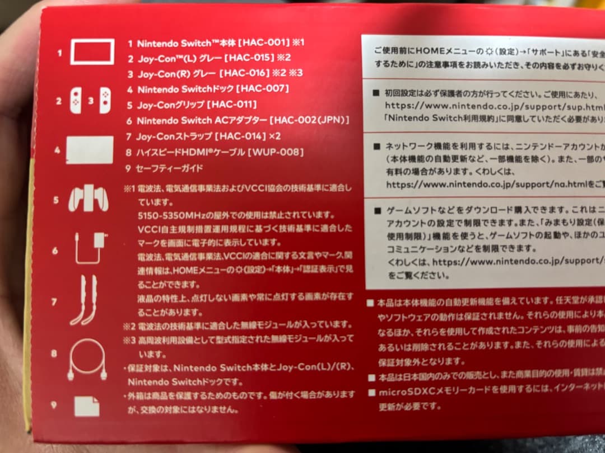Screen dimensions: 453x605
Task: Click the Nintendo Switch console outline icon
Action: pyautogui.click(x=92, y=51)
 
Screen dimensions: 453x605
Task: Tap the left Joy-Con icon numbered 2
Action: pyautogui.click(x=76, y=101)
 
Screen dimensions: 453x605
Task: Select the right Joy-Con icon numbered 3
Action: pyautogui.click(x=105, y=101)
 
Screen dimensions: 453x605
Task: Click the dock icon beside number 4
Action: pyautogui.click(x=90, y=150)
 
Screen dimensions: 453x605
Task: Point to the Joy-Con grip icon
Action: pyautogui.click(x=88, y=199)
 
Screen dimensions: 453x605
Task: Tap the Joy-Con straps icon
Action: pyautogui.click(x=83, y=300)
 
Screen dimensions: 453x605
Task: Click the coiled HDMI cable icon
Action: pyautogui.click(x=87, y=359)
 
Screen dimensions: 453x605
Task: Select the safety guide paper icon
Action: pyautogui.click(x=87, y=407)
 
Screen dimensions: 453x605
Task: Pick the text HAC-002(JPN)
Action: pyautogui.click(x=309, y=120)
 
